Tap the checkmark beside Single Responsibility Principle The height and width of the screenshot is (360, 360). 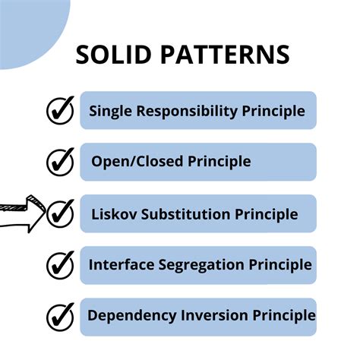(x=60, y=111)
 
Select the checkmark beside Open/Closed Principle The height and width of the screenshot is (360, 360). (x=60, y=162)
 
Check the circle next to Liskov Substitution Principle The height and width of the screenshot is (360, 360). (x=60, y=213)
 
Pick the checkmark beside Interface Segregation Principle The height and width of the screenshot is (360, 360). (x=60, y=265)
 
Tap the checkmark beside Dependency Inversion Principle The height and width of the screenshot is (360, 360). (x=60, y=316)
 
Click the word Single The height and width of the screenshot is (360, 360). (x=110, y=111)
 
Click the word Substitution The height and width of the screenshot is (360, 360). (x=186, y=214)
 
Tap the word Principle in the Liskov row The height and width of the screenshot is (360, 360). (x=267, y=214)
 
